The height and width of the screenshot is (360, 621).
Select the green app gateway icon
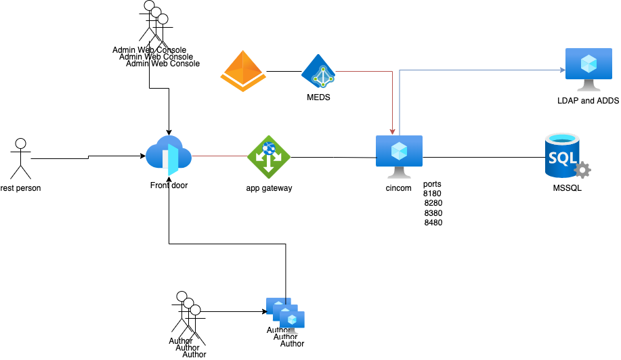pos(269,157)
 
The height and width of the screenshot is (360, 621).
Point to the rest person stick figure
pos(20,159)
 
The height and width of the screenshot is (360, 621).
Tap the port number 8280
pos(433,202)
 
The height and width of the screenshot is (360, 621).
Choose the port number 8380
pos(433,212)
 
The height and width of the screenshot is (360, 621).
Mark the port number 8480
pos(433,222)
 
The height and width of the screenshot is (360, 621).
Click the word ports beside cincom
pos(432,183)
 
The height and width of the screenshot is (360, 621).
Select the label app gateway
pos(269,188)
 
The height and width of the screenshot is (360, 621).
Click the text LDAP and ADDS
pos(588,101)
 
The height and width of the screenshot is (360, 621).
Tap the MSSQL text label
pos(567,188)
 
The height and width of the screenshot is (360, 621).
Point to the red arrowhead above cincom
pos(393,131)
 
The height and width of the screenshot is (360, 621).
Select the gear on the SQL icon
pos(582,169)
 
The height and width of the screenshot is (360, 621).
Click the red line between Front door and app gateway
pos(220,156)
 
